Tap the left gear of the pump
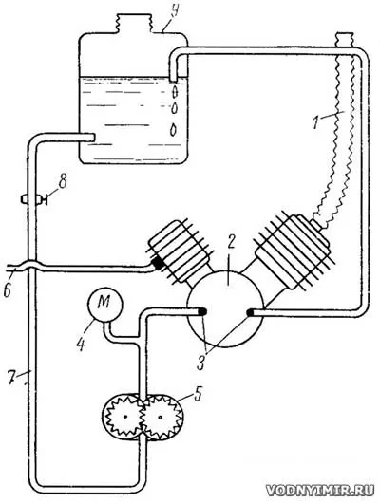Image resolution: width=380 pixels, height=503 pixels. coord(123,417)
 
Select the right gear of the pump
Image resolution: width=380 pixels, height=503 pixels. coord(161,418)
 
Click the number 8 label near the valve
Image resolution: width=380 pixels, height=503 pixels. coord(62,182)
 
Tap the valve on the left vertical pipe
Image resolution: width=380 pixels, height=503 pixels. coord(31,199)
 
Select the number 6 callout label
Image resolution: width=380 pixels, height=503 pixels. coord(8,289)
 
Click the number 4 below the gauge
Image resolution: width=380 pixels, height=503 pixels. coord(81,344)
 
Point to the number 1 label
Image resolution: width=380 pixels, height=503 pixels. coord(316,121)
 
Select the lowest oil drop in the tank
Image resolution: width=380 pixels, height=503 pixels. coord(174,130)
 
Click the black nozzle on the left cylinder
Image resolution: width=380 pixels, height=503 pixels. coord(158,263)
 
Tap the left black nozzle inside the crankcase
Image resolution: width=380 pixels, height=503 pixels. coord(202,311)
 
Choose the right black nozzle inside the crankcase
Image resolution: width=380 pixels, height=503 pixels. coord(251,312)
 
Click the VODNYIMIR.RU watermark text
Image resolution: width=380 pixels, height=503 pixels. coord(320,490)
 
